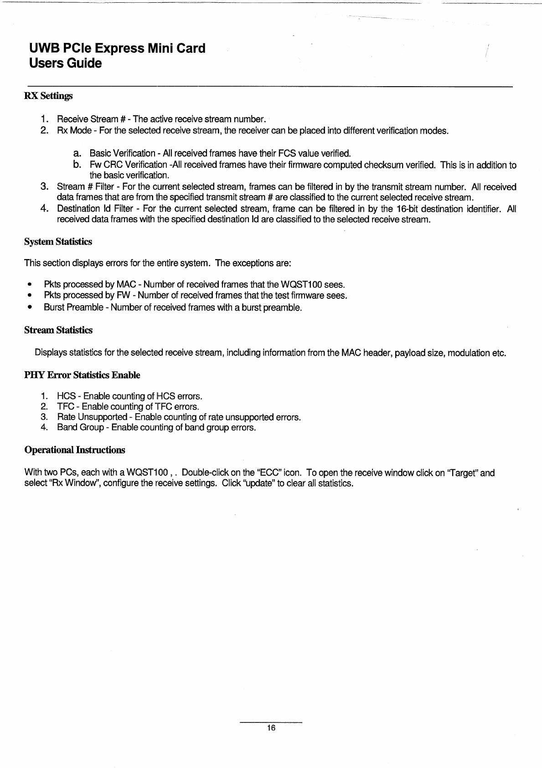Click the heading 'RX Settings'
pos(48,96)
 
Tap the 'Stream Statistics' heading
pos(58,330)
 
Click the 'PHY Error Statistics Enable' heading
pos(82,375)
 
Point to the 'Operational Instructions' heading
pos(74,450)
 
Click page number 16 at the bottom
pos(271,728)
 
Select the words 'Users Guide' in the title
pos(65,63)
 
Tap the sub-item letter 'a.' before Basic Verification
pos(77,152)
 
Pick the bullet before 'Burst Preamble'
pos(29,307)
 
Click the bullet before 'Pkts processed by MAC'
pos(29,285)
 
